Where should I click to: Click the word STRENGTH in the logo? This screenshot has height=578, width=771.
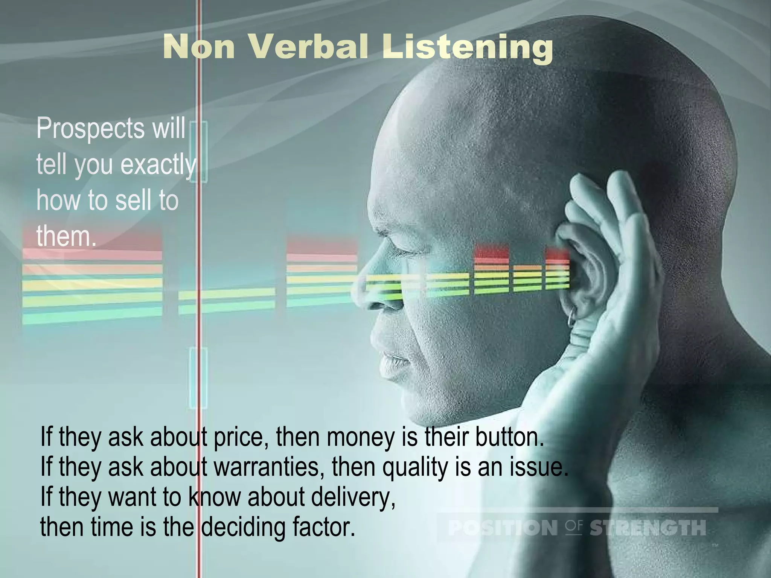(x=647, y=528)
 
